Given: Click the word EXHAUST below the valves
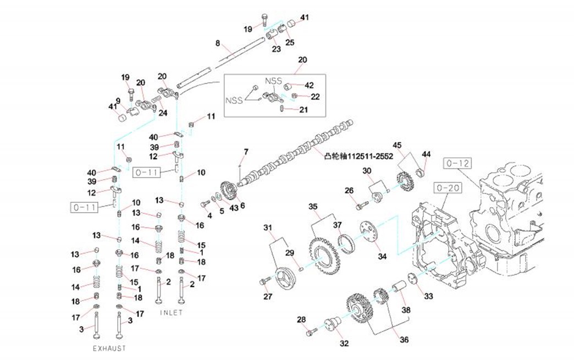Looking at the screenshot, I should pos(109,348).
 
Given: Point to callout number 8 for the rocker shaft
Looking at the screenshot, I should pos(218,42).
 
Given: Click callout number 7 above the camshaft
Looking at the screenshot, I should pos(246,151).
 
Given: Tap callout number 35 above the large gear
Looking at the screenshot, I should pos(313,207).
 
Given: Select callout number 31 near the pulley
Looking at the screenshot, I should pos(268,228).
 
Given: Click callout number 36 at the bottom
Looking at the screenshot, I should pos(404,340).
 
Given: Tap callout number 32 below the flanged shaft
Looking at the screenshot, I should pos(344,344).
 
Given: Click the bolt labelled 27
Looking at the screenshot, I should pos(263,281).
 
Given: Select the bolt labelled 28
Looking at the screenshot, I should pos(311,332).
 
